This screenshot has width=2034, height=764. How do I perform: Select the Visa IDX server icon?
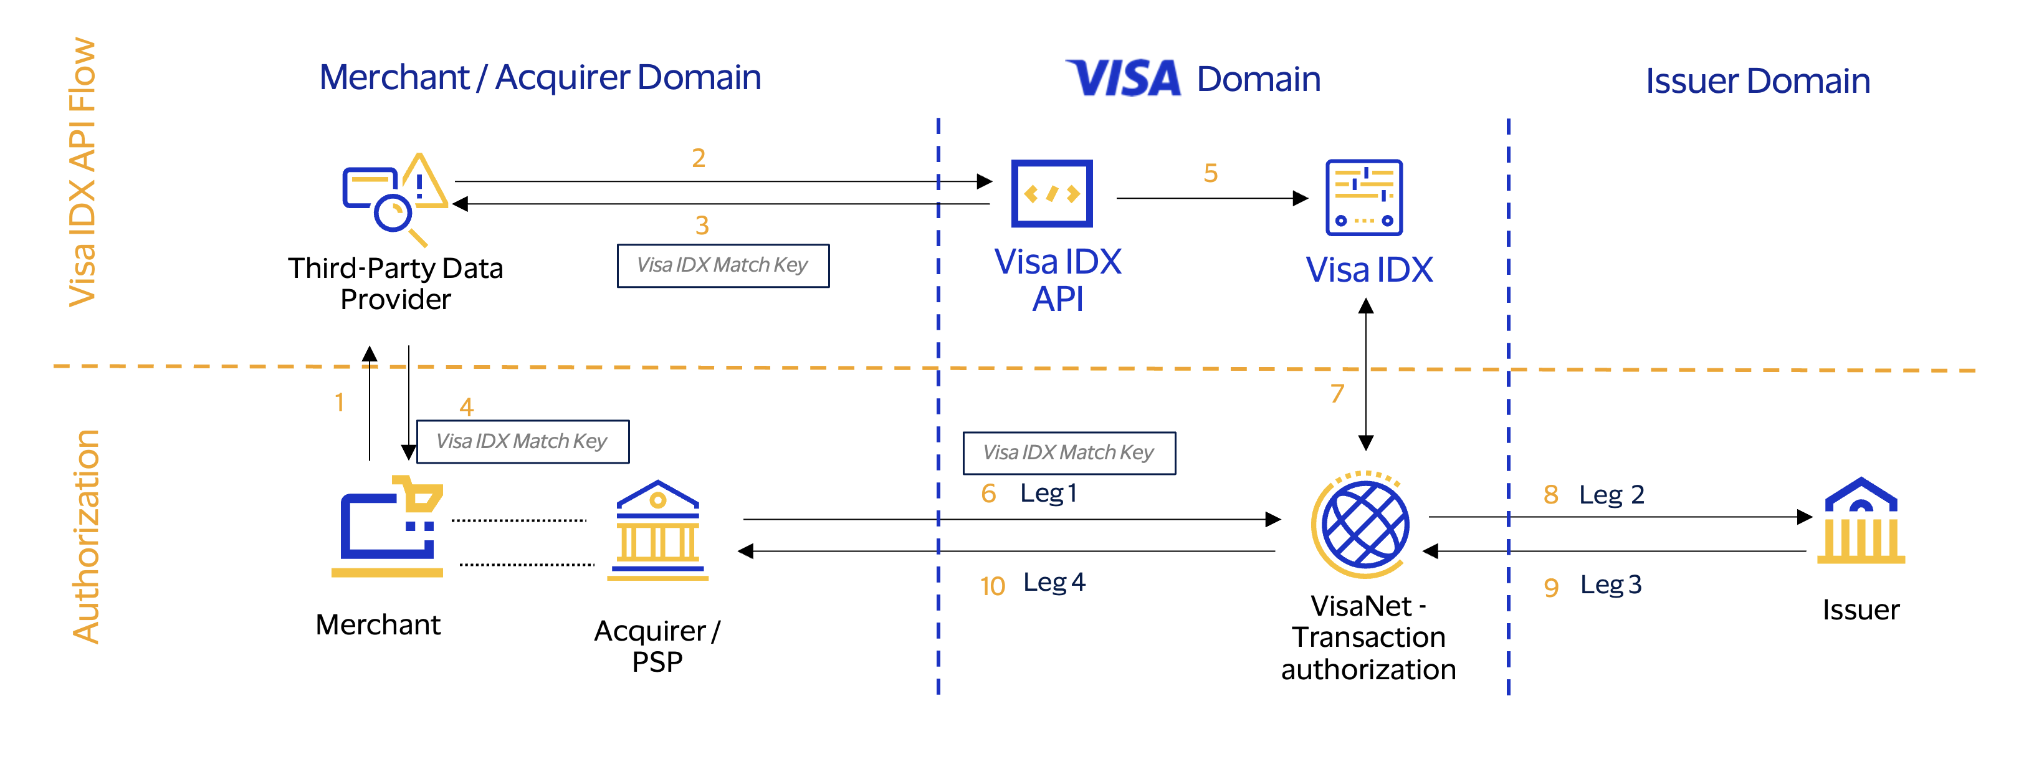[x=1363, y=198]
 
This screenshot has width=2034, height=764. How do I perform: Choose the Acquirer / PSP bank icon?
[x=657, y=530]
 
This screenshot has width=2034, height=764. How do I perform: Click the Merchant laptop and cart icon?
[x=388, y=527]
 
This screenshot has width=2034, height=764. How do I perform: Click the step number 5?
[x=1210, y=173]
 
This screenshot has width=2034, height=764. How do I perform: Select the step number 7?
[x=1337, y=393]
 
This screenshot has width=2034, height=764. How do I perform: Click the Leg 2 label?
[x=1611, y=495]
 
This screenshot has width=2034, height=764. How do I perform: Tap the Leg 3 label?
[x=1611, y=585]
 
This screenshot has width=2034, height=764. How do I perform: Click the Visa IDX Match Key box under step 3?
[x=722, y=266]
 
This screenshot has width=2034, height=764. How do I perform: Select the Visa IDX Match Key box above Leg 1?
[x=1068, y=453]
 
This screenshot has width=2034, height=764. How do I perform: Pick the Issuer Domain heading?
[x=1758, y=81]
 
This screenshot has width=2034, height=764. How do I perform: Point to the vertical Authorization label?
[x=86, y=537]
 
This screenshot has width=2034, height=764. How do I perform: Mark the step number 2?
[x=699, y=158]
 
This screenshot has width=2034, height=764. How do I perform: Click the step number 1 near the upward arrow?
[x=340, y=403]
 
